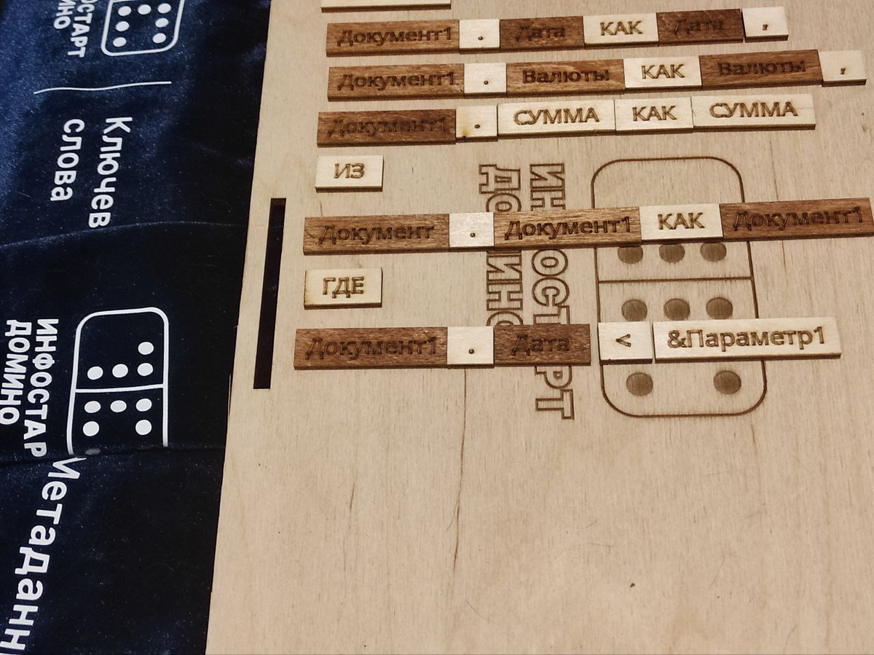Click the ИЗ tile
pyautogui.click(x=349, y=173)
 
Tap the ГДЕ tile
pyautogui.click(x=343, y=287)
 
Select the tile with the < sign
pyautogui.click(x=625, y=341)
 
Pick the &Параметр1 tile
pyautogui.click(x=746, y=338)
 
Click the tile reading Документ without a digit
pyautogui.click(x=376, y=233)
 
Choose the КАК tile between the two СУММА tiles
pyautogui.click(x=653, y=114)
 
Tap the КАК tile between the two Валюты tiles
pyautogui.click(x=662, y=72)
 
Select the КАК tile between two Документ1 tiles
pyautogui.click(x=680, y=221)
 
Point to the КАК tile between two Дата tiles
pyautogui.click(x=621, y=29)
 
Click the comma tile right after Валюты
pyautogui.click(x=842, y=67)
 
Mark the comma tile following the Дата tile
pyautogui.click(x=765, y=23)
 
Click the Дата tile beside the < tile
pyautogui.click(x=542, y=345)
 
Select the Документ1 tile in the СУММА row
pyautogui.click(x=387, y=128)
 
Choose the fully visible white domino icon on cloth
pyautogui.click(x=119, y=381)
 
